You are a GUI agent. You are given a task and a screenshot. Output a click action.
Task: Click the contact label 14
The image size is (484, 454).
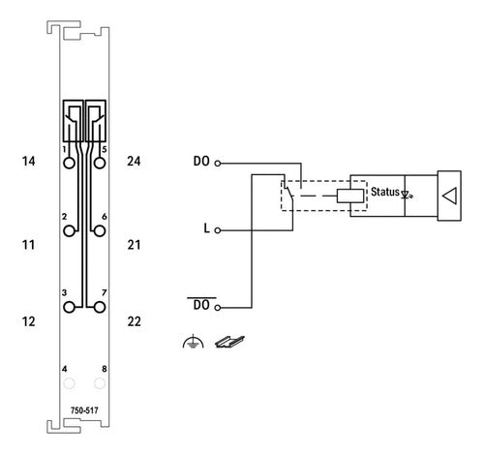click(28, 161)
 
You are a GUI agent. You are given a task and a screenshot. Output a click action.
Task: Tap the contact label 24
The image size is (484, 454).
click(134, 161)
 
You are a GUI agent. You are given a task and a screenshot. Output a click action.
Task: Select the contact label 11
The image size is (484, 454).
click(28, 245)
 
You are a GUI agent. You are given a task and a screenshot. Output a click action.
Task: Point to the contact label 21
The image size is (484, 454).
click(134, 245)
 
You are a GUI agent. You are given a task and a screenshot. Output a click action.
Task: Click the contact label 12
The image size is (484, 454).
click(28, 321)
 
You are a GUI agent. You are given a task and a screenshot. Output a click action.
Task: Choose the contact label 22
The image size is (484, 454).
click(134, 321)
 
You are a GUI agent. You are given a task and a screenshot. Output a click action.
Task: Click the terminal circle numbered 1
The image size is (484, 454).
click(69, 164)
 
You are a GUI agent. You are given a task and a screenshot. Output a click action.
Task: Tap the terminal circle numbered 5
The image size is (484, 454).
click(100, 164)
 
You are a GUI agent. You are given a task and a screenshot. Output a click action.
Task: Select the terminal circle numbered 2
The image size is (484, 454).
click(69, 231)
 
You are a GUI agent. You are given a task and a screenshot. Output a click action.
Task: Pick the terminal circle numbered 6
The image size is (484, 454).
click(100, 231)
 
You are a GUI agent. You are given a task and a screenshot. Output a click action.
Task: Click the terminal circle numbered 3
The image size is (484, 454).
click(69, 307)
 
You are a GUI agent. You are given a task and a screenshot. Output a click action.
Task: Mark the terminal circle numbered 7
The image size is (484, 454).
click(100, 307)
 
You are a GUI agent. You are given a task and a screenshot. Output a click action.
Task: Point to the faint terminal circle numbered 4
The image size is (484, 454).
click(69, 383)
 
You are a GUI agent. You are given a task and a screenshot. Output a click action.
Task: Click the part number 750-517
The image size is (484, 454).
click(84, 410)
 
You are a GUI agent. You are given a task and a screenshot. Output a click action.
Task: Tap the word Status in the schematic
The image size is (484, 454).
click(385, 192)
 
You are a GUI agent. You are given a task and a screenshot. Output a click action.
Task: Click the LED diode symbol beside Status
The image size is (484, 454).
click(407, 195)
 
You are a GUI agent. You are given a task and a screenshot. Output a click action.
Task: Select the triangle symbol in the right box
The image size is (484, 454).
click(450, 196)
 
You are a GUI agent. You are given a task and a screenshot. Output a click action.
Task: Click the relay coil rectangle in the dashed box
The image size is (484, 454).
click(350, 196)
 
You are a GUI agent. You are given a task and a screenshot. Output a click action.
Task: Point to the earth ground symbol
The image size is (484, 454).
click(193, 342)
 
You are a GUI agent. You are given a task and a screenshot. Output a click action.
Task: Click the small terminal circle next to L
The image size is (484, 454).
click(218, 230)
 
